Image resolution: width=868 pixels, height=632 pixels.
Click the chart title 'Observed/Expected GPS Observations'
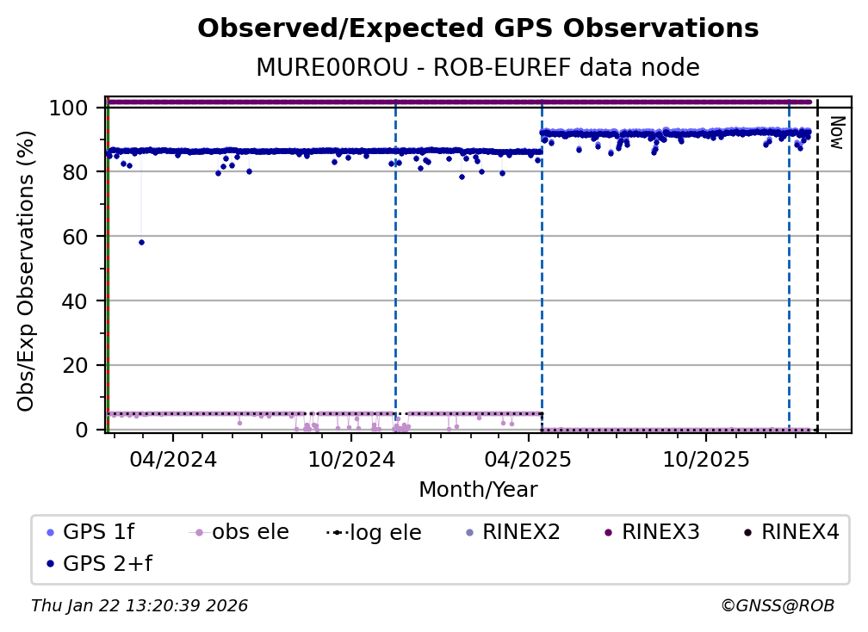(x=478, y=29)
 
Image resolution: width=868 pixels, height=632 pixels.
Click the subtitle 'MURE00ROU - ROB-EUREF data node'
(x=478, y=68)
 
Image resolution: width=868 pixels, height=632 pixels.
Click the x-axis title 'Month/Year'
(x=478, y=490)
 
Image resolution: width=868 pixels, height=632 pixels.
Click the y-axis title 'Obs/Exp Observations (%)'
(x=27, y=270)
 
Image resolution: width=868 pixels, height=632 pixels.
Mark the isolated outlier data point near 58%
(x=141, y=242)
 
